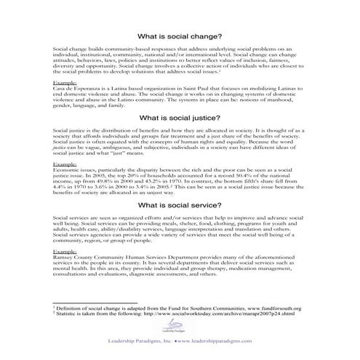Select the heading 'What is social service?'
[x=180, y=205]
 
